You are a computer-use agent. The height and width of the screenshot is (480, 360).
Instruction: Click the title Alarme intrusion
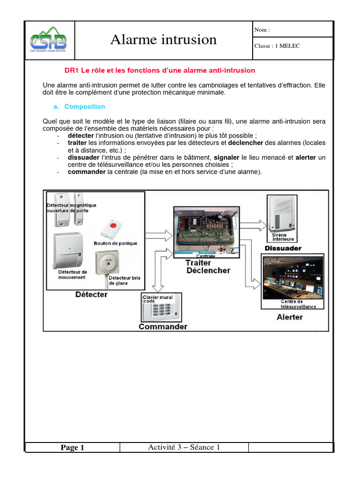[163, 40]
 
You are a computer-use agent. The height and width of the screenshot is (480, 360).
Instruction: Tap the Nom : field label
[262, 30]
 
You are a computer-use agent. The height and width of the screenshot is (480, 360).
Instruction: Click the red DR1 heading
[159, 70]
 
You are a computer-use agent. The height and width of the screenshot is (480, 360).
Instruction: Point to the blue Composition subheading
[84, 106]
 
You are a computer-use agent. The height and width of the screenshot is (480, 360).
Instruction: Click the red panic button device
[112, 228]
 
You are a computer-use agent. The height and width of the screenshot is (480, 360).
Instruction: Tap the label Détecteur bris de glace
[124, 280]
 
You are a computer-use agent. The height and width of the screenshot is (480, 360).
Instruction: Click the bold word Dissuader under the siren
[283, 247]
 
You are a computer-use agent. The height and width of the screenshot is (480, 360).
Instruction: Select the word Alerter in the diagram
[289, 317]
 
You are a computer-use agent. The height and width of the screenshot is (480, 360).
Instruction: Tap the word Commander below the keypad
[163, 326]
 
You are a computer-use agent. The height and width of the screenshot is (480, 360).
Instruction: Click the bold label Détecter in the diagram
[91, 294]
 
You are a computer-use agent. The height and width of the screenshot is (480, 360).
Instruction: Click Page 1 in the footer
[72, 448]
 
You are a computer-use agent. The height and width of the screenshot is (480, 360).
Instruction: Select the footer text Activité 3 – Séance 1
[184, 447]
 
